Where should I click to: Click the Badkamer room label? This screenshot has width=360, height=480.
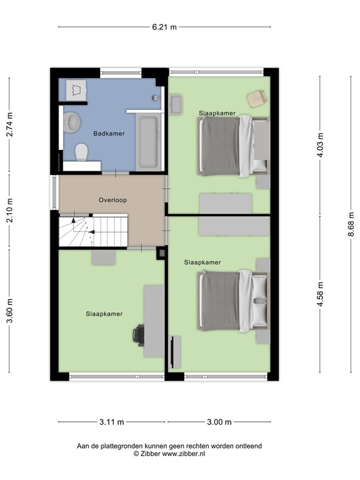tap(109, 134)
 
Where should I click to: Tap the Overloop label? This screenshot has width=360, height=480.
tap(112, 200)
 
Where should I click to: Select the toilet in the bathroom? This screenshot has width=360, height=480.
tap(81, 152)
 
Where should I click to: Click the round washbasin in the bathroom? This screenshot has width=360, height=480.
tap(73, 121)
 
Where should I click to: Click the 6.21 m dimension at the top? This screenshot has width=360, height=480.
tap(164, 27)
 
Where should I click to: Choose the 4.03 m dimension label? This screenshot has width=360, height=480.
tap(321, 145)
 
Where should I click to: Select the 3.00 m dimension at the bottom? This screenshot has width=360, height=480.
tap(219, 422)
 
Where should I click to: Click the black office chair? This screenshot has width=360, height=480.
tap(138, 335)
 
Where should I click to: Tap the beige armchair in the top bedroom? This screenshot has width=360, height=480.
tap(256, 98)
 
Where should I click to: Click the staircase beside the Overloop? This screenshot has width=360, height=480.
tap(92, 230)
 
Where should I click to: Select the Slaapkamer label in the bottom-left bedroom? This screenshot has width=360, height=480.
tap(104, 314)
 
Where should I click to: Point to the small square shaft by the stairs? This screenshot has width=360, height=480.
tap(161, 252)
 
